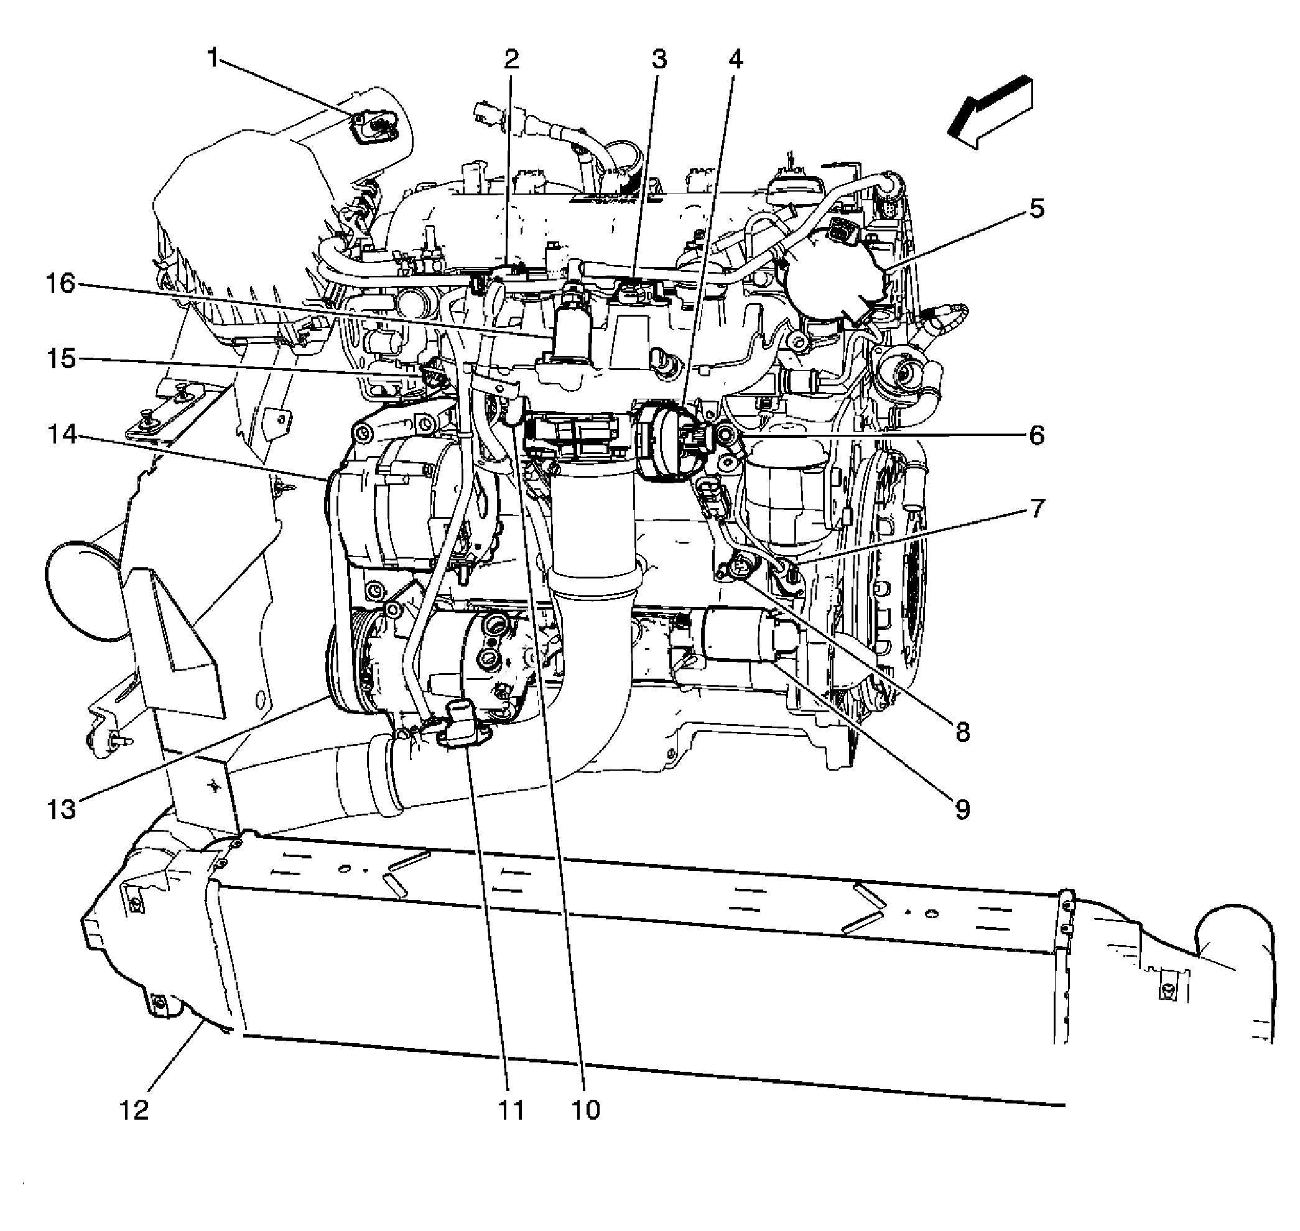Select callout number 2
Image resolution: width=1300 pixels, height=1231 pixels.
511,59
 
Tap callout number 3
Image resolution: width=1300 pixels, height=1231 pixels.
658,59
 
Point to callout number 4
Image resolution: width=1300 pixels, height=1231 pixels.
735,59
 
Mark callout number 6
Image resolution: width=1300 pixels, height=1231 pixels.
1036,435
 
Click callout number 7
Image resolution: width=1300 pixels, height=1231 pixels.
1036,508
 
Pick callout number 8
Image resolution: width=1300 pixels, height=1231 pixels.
962,732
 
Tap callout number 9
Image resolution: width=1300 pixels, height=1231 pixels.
962,810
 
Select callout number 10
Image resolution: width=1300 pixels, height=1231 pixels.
585,1110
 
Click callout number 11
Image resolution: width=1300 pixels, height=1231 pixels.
511,1110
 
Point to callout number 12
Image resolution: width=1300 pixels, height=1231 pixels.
134,1110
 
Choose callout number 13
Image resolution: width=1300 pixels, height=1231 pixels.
62,810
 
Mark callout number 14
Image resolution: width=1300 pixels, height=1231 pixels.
62,435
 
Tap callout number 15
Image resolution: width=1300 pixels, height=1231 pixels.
62,359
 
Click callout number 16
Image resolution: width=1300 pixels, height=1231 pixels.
62,284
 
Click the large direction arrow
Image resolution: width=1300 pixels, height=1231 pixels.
991,111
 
